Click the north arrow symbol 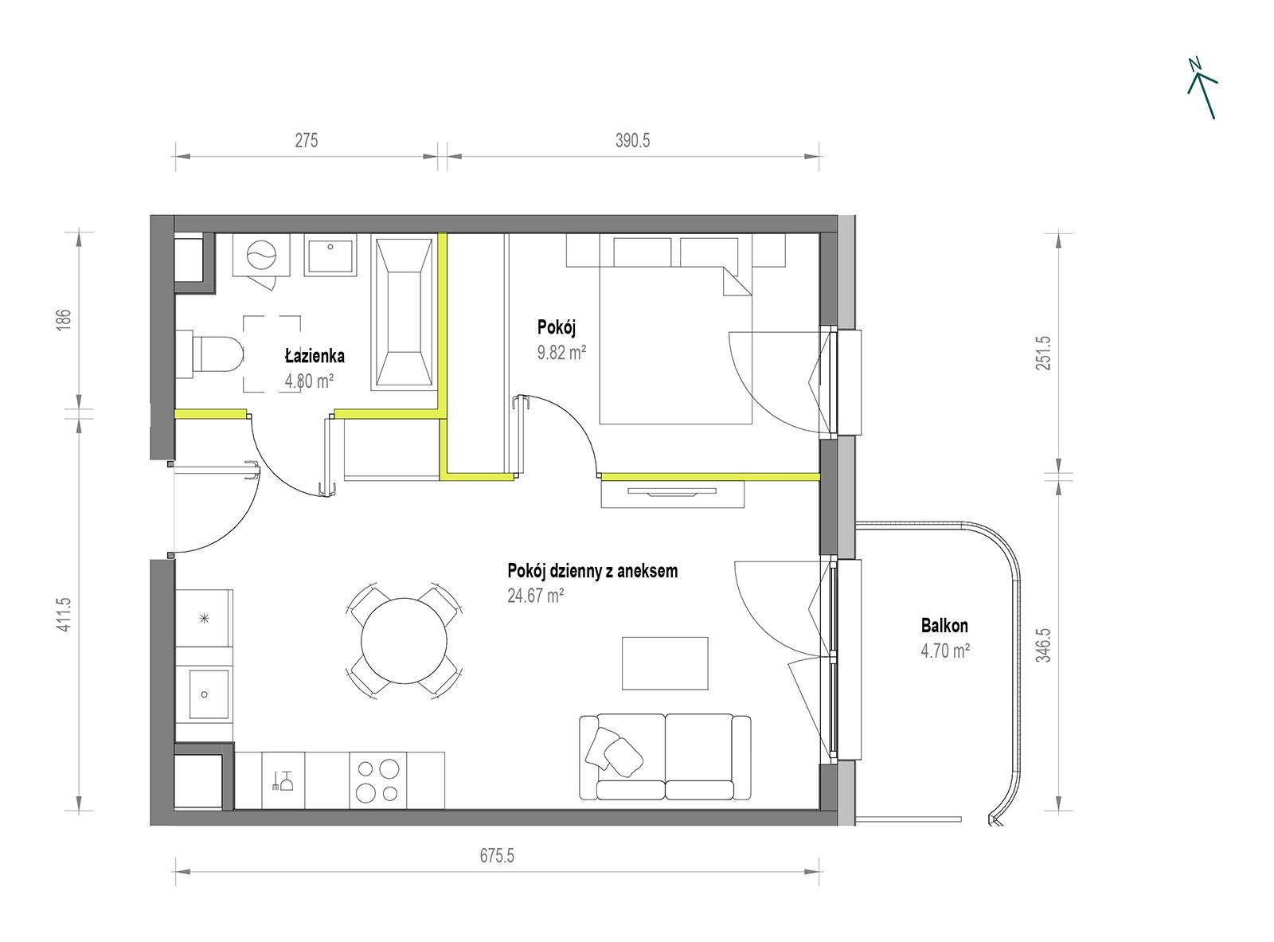coord(1203,90)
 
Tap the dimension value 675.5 coord(497,855)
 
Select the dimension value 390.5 coord(632,140)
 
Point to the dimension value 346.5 coord(1043,645)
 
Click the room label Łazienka coord(315,356)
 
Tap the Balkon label coord(944,626)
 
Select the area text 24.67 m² coord(535,596)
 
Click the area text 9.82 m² coord(561,352)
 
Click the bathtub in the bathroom coord(403,312)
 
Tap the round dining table coord(404,640)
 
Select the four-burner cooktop coord(377,780)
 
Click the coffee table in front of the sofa coord(665,663)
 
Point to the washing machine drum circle coord(261,254)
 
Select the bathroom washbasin coord(330,255)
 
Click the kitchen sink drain coord(205,694)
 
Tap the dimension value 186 coord(64,319)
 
